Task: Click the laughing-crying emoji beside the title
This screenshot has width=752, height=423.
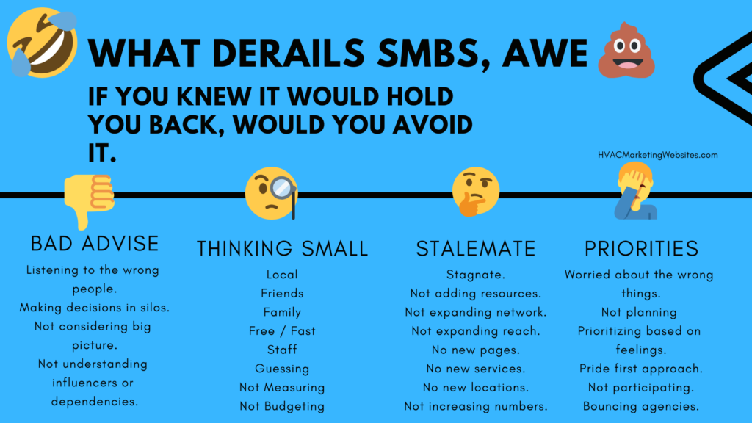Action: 42,43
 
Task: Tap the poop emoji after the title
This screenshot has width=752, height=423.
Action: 626,51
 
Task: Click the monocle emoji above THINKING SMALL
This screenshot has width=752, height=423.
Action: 272,193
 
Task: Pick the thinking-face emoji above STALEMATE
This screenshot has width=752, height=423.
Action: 476,192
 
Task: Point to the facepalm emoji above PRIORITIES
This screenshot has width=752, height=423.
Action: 636,191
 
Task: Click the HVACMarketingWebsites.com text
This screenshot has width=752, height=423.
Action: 657,155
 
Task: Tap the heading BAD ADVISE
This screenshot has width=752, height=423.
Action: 95,244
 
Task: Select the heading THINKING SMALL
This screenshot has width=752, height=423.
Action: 282,248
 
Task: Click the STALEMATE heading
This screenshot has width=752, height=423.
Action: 476,248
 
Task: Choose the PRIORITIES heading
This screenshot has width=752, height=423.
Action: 641,248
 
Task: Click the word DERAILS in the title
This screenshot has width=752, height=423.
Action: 288,53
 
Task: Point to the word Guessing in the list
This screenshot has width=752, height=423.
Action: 282,369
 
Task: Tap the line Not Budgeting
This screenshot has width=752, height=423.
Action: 282,406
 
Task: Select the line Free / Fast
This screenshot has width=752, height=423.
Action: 282,331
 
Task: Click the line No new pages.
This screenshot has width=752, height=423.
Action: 476,350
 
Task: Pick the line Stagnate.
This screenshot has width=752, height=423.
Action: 476,275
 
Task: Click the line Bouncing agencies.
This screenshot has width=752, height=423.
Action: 641,406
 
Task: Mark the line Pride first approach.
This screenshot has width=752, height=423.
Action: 641,369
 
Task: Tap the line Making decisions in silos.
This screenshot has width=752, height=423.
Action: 95,308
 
